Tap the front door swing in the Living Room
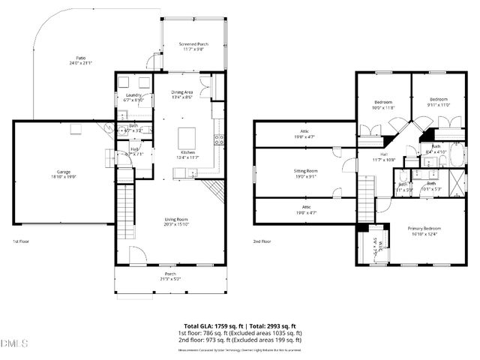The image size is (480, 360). (x=136, y=256)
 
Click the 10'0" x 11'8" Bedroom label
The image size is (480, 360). (x=383, y=103)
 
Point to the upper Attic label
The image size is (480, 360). (x=305, y=135)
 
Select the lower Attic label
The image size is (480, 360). (x=305, y=209)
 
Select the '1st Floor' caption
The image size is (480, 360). (x=21, y=241)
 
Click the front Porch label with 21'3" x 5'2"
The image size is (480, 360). (x=170, y=277)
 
